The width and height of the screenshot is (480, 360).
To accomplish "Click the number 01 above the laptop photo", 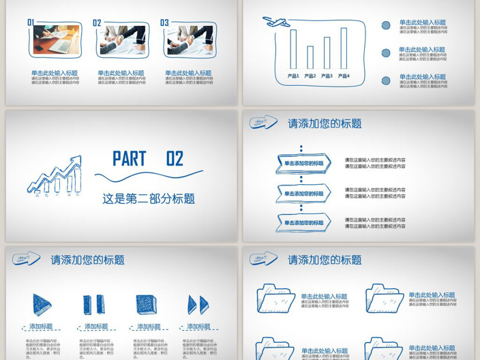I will [x=31, y=22].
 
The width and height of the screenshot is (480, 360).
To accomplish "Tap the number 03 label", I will [x=164, y=23].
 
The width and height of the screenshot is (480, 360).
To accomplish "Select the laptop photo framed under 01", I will [x=56, y=40].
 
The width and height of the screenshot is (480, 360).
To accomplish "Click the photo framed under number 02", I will [x=124, y=40].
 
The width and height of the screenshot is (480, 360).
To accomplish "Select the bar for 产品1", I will [x=293, y=49].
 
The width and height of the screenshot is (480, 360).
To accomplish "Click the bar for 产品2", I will [x=310, y=58].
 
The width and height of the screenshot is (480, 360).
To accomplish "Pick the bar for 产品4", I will [x=344, y=49].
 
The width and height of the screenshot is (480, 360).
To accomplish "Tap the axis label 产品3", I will [x=327, y=76].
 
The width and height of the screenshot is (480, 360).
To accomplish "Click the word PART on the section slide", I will [x=130, y=159].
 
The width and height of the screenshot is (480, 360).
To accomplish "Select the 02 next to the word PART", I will [x=175, y=159].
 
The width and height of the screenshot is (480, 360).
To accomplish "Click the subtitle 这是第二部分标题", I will [x=148, y=199].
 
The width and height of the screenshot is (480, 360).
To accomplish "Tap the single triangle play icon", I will [x=41, y=304].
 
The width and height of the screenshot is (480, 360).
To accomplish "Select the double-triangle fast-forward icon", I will [x=198, y=305].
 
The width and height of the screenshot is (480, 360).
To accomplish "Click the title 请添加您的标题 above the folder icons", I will [x=325, y=260].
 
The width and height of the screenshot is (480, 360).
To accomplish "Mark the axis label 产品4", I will [x=344, y=76].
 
